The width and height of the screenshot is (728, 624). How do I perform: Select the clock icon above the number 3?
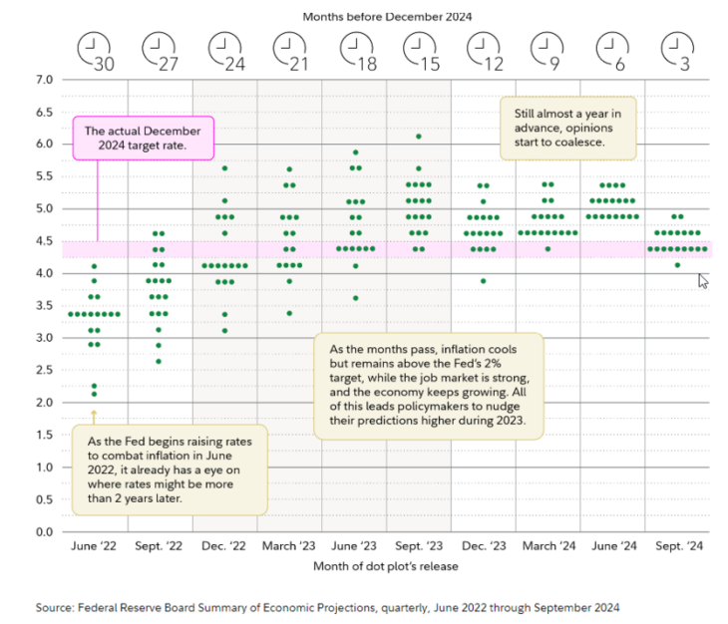[678, 44]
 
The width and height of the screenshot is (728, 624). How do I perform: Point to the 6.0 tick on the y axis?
[44, 144]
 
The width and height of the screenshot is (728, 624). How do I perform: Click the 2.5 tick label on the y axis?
[44, 370]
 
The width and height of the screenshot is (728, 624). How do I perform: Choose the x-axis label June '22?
[94, 547]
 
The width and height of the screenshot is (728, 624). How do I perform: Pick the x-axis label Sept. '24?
[678, 547]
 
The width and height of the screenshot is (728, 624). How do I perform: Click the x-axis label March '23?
[289, 547]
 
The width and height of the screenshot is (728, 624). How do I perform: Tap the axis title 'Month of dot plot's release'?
[385, 567]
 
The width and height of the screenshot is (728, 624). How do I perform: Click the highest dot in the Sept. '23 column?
[419, 137]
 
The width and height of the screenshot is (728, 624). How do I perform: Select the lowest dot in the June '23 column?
[354, 298]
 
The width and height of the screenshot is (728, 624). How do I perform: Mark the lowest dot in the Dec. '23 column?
[484, 281]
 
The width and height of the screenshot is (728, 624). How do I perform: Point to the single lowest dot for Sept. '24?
[678, 265]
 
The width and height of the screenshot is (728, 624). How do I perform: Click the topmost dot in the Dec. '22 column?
[224, 168]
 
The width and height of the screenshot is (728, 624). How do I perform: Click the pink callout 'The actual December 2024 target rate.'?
[144, 139]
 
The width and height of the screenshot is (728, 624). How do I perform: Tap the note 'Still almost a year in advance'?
[566, 129]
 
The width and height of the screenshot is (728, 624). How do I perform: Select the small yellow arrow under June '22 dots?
[94, 412]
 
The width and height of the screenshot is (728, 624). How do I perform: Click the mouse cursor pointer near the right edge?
[703, 280]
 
